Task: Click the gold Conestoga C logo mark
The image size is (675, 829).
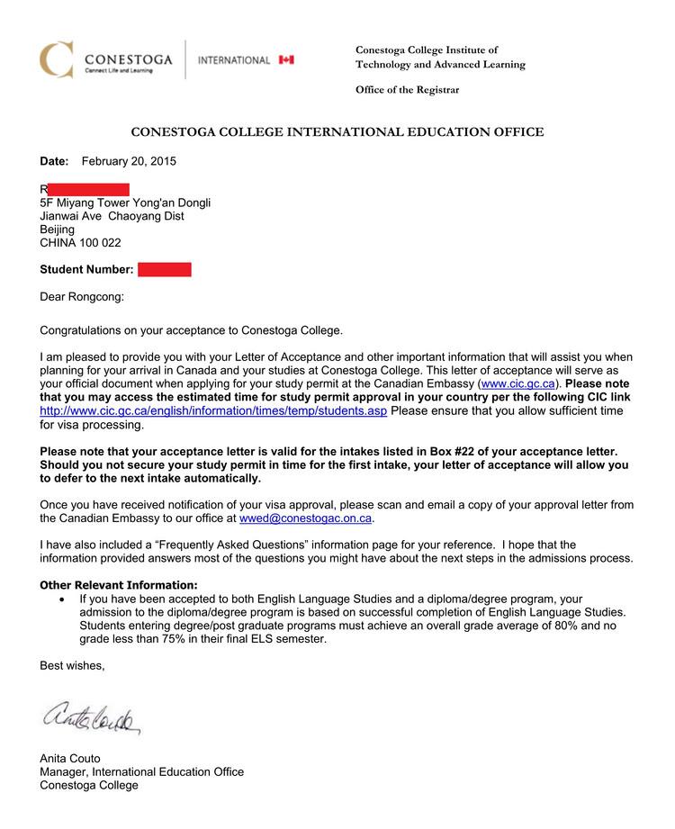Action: click(56, 59)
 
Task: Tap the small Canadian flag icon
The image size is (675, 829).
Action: click(286, 59)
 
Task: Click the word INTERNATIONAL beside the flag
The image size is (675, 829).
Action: click(233, 60)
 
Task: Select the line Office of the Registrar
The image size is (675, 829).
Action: click(407, 90)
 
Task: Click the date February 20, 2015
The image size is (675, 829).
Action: click(129, 161)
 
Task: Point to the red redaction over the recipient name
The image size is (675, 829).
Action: click(88, 189)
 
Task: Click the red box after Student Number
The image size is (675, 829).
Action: click(165, 269)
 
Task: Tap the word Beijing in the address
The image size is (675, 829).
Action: click(58, 230)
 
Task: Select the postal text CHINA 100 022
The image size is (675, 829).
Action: click(80, 243)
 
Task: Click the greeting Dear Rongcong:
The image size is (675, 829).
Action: click(82, 296)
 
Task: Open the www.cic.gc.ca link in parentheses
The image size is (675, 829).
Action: click(516, 383)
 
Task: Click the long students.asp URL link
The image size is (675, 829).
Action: click(213, 410)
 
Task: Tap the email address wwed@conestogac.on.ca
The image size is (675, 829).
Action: click(305, 518)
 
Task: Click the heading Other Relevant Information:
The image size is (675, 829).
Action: click(119, 585)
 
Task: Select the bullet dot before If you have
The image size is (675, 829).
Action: click(61, 599)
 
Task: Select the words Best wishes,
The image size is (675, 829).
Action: click(72, 666)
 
